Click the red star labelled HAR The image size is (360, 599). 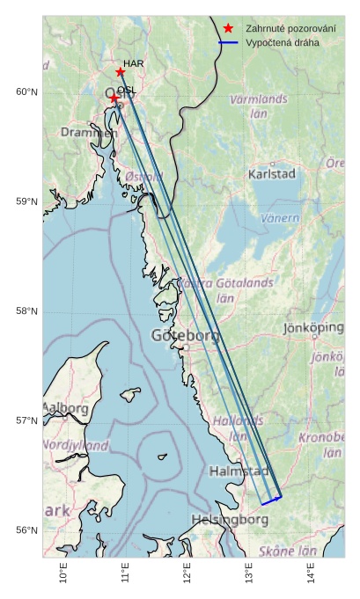click(120, 71)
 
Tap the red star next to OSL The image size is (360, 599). click(114, 99)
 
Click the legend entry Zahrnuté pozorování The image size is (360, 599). click(290, 29)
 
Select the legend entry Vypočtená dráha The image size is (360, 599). click(283, 42)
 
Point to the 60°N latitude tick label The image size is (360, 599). click(26, 92)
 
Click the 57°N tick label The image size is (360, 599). click(26, 420)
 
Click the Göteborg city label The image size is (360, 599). click(185, 335)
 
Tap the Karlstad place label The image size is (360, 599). click(272, 174)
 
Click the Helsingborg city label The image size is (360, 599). click(230, 519)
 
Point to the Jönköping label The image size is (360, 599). click(314, 327)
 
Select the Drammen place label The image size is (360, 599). click(88, 132)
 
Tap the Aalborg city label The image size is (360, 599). click(65, 408)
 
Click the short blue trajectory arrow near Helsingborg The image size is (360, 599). click(271, 500)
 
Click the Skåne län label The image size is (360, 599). click(288, 551)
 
